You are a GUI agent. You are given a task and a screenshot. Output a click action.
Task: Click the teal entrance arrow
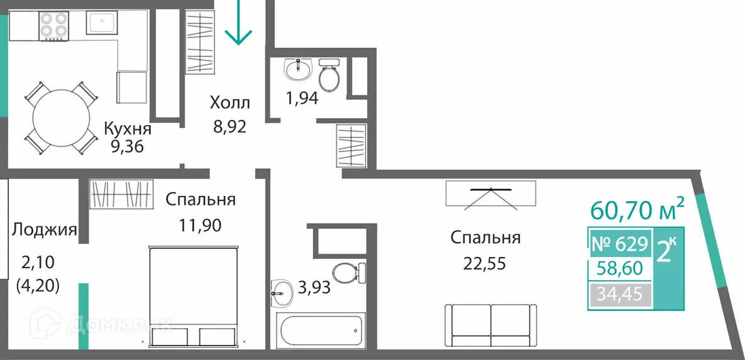[239, 24]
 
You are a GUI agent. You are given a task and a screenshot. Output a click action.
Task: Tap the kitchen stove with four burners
[53, 26]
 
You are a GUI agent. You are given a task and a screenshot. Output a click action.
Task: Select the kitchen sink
[102, 23]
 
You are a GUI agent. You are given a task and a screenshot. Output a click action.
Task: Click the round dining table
[61, 117]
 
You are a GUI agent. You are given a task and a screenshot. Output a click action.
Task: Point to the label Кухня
[128, 129]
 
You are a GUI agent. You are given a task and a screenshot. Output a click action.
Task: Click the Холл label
[229, 102]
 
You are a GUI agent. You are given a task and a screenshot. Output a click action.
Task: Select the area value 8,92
[229, 127]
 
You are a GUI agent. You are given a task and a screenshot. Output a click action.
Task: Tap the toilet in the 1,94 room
[329, 75]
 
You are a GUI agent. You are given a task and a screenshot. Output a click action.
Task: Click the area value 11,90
[201, 224]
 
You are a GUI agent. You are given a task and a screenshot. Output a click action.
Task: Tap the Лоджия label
[44, 230]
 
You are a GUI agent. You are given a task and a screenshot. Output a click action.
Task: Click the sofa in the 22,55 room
[490, 325]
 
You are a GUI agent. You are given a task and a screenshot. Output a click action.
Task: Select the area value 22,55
[485, 263]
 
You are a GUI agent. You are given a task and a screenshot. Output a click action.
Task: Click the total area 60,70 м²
[637, 209]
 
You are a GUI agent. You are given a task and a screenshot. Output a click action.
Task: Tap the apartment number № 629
[619, 243]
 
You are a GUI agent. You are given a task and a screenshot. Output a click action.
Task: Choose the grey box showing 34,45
[619, 293]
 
